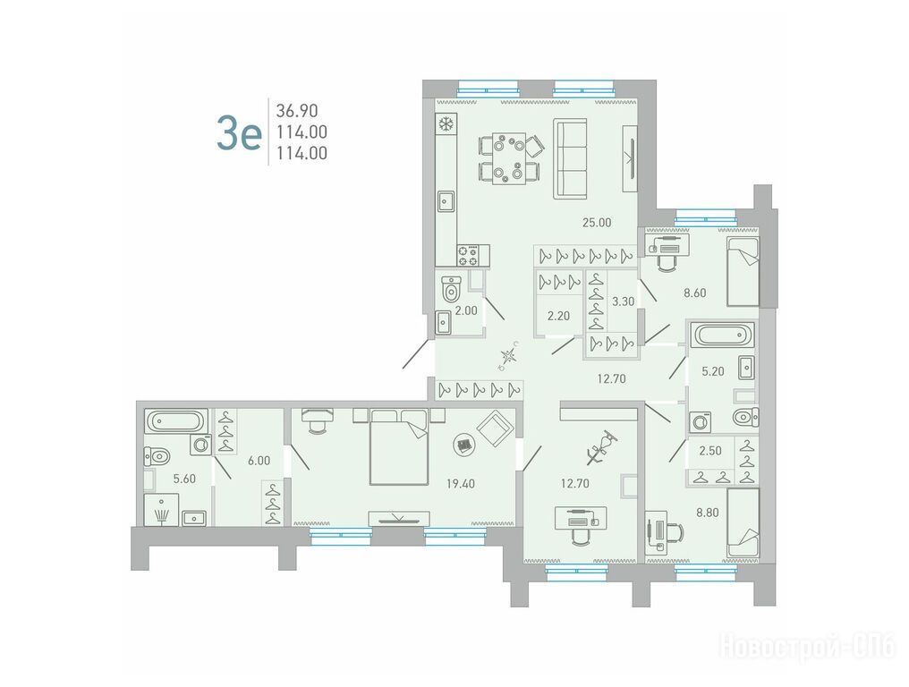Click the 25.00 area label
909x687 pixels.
pos(597,222)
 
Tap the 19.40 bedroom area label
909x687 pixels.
pos(460,484)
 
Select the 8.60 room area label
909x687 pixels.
pos(694,293)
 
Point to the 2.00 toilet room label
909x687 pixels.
pos(466,310)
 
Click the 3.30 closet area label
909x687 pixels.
pos(624,301)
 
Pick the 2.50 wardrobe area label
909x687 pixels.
pos(710,451)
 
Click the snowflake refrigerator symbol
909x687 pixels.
pos(446,124)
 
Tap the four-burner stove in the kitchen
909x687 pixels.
pos(469,256)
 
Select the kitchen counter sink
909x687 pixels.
pos(446,202)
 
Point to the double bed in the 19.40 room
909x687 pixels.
pos(399,446)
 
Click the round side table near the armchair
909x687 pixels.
pos(463,445)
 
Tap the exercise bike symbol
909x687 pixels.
pos(600,448)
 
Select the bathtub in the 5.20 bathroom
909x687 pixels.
pos(722,335)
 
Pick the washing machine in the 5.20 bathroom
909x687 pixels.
pos(701,421)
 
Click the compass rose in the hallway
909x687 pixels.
pos(508,357)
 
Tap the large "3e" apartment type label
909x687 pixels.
pos(239,132)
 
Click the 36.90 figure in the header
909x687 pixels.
pos(297,110)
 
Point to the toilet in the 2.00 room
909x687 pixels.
pos(451,289)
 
